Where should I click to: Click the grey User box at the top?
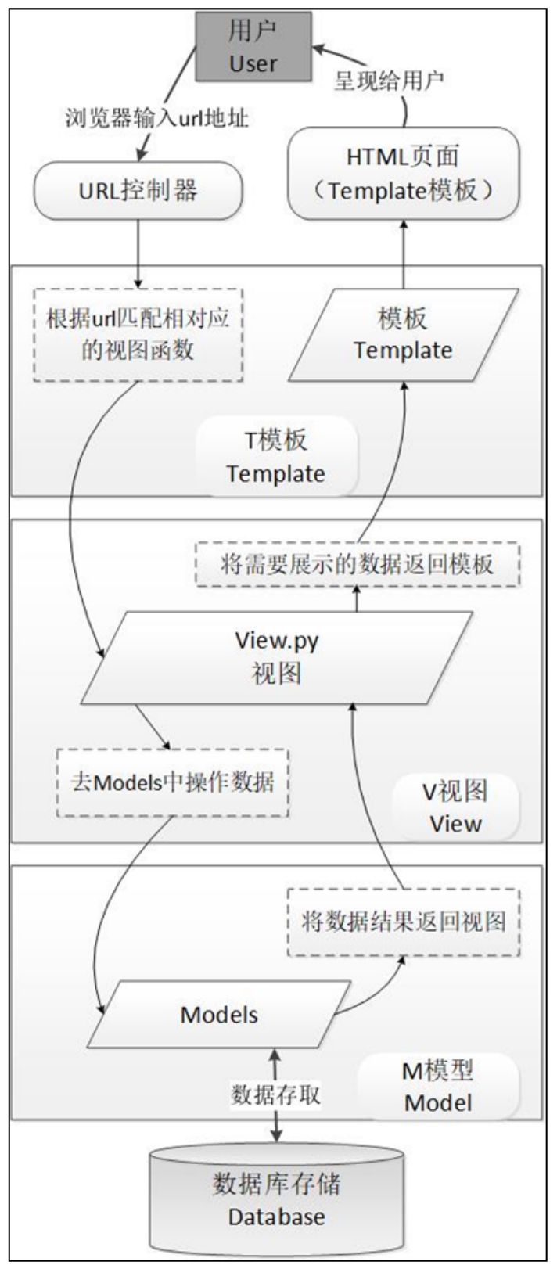(253, 47)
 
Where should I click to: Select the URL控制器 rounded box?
(138, 190)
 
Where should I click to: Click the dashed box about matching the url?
(138, 335)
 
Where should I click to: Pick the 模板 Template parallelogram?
(403, 334)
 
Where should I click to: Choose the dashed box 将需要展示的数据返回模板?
(357, 564)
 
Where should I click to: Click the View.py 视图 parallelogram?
(277, 657)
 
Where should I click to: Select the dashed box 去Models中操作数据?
(173, 782)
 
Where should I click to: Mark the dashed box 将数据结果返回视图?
(404, 921)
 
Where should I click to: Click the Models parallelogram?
(219, 1015)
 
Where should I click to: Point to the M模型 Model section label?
(438, 1087)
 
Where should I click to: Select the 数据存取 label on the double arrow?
(275, 1094)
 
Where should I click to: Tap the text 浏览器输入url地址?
(156, 119)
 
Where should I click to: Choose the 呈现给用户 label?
(390, 81)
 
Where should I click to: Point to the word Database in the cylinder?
(276, 1217)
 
